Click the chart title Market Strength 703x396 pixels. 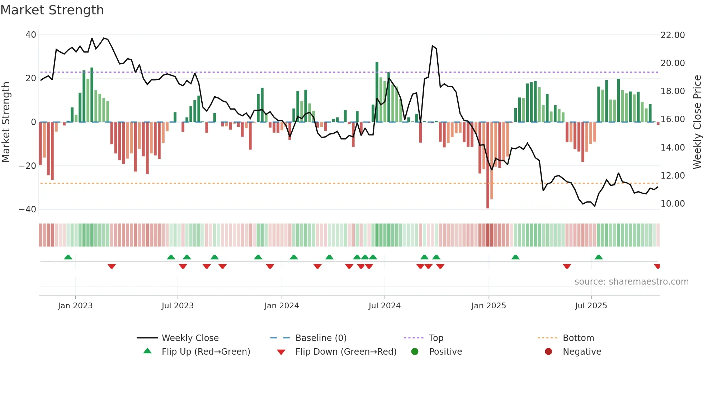pyautogui.click(x=52, y=10)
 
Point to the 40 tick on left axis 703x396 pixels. pyautogui.click(x=31, y=35)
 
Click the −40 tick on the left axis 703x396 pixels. pyautogui.click(x=28, y=209)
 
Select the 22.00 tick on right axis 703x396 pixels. pyautogui.click(x=673, y=35)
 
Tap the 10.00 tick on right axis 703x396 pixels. pyautogui.click(x=673, y=204)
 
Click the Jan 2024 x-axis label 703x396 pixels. pyautogui.click(x=282, y=306)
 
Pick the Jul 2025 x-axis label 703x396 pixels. pyautogui.click(x=591, y=306)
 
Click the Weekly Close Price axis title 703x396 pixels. pyautogui.click(x=697, y=122)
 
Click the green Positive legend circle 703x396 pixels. pyautogui.click(x=415, y=351)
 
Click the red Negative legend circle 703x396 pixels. pyautogui.click(x=548, y=351)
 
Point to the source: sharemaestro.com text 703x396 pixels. pyautogui.click(x=631, y=282)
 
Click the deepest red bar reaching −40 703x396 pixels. pyautogui.click(x=488, y=165)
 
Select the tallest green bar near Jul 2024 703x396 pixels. pyautogui.click(x=377, y=92)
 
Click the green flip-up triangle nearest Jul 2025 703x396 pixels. pyautogui.click(x=599, y=257)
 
